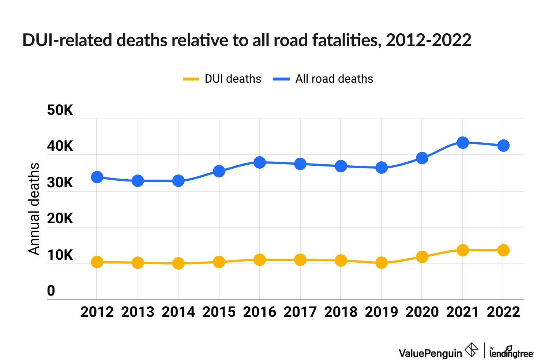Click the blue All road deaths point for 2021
[463, 142]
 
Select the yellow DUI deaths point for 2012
[97, 262]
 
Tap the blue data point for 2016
[259, 162]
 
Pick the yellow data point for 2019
[382, 263]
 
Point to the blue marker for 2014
[178, 181]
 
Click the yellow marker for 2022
[503, 250]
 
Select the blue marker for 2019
[382, 168]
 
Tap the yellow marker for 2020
[422, 256]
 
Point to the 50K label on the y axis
[60, 110]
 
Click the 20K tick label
[60, 219]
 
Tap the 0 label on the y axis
[51, 291]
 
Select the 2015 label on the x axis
[219, 312]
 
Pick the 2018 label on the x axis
[341, 312]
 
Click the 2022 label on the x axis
[503, 312]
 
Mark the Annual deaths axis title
[34, 209]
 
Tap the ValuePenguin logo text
[430, 353]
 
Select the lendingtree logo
[511, 352]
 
